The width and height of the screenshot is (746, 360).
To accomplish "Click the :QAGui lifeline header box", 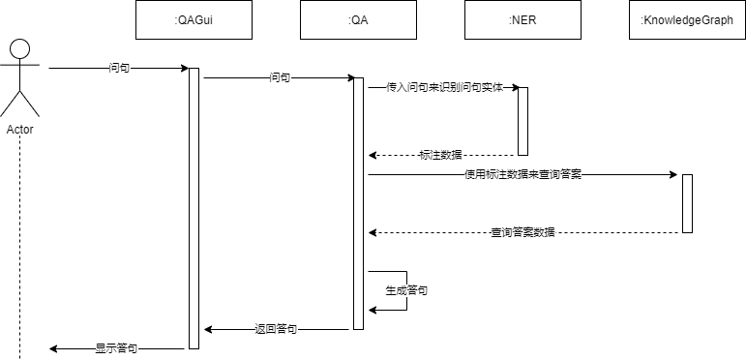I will click(194, 20).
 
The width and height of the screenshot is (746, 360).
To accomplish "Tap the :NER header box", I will click(522, 20).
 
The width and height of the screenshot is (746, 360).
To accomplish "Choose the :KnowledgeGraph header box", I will click(687, 20).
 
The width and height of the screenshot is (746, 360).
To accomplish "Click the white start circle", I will click(19, 49).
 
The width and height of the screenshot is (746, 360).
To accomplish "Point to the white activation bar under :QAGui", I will click(194, 208).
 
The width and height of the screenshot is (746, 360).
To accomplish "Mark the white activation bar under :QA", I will click(358, 203).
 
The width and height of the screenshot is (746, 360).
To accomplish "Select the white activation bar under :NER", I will click(522, 121).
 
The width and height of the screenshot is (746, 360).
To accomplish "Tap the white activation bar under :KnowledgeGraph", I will click(687, 203).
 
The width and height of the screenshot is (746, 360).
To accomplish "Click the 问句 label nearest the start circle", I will click(120, 69).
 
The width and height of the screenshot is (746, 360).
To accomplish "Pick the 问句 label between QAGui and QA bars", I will click(281, 77).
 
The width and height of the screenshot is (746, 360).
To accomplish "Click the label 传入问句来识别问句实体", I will click(444, 87).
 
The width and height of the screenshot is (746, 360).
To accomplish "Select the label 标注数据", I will click(440, 155).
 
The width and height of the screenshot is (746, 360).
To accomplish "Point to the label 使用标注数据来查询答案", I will click(522, 175).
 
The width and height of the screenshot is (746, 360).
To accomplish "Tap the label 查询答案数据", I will click(522, 232).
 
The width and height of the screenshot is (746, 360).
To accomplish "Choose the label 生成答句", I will click(407, 290).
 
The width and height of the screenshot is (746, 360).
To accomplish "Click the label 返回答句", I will click(276, 329).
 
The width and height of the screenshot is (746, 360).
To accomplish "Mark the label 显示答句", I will click(116, 347).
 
